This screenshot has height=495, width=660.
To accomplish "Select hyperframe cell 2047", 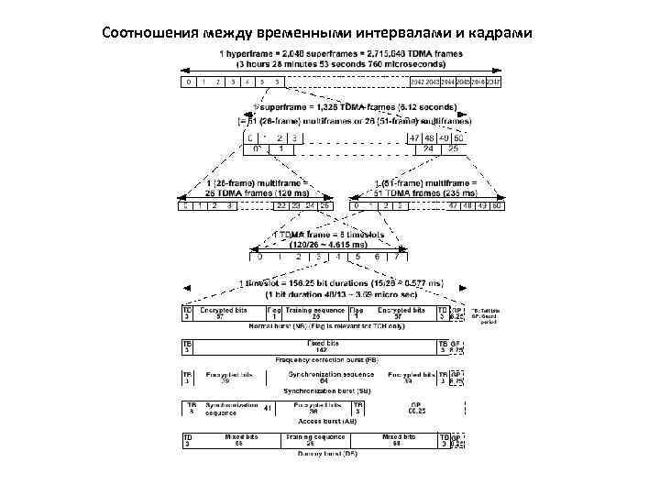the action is [494, 82].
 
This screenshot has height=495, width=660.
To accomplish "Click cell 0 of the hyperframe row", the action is [188, 82].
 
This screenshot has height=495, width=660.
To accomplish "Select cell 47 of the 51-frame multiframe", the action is [453, 205].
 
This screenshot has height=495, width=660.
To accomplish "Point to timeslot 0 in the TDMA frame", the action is [259, 257].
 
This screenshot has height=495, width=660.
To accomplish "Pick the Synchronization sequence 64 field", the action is [317, 377].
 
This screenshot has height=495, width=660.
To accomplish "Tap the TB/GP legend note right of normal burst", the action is [486, 316].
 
